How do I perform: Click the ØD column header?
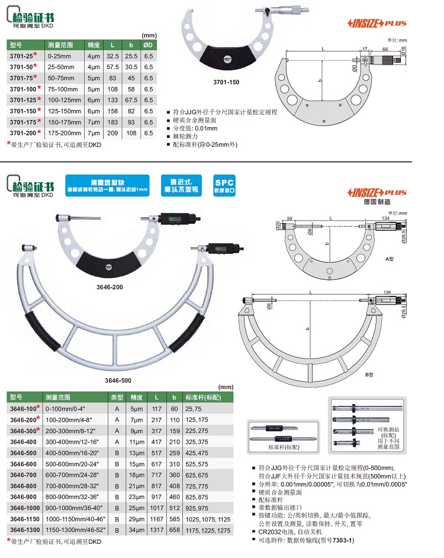point(149,45)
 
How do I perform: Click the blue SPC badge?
point(224,184)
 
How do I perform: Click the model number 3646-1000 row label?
point(24,507)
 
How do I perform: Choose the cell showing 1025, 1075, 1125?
point(207,518)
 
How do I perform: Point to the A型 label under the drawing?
point(390,259)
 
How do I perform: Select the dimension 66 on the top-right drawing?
point(385,51)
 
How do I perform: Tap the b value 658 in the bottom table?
point(174,529)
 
